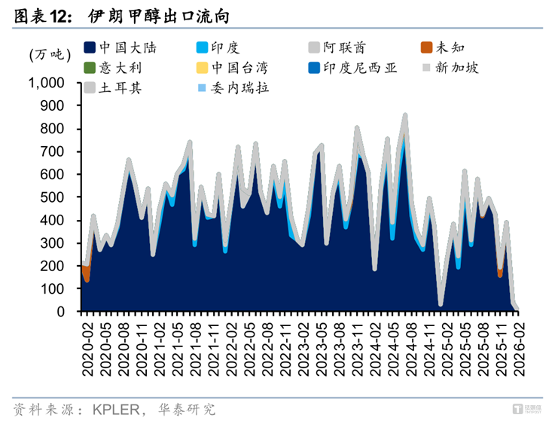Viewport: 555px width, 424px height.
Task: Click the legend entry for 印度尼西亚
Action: tap(357, 68)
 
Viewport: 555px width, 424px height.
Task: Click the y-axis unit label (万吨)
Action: tap(50, 54)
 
